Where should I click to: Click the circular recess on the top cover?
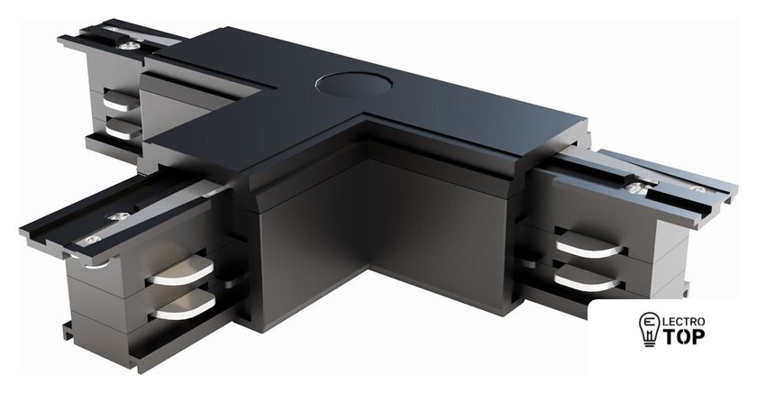click(x=353, y=84)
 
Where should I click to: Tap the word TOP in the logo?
click(x=683, y=336)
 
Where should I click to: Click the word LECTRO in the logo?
click(x=683, y=321)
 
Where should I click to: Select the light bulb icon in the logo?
click(x=648, y=329)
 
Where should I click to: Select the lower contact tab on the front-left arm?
click(x=182, y=306)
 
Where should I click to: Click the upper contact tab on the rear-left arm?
click(x=121, y=101)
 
